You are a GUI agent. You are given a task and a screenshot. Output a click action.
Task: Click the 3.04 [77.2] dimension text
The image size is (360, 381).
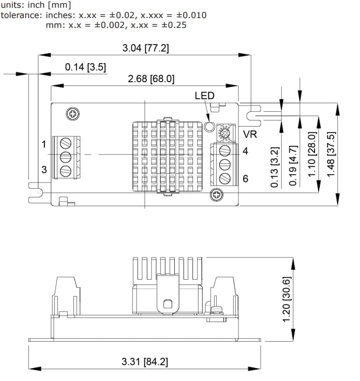(145, 49)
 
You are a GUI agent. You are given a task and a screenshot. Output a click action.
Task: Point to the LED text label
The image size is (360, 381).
(204, 96)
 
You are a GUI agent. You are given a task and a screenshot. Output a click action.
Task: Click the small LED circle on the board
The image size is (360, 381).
(209, 126)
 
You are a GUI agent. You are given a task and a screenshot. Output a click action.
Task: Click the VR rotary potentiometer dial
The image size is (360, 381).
(224, 132)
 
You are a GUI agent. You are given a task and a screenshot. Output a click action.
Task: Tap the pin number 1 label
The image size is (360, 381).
(44, 143)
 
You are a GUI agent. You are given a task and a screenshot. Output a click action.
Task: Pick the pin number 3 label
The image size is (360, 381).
(44, 170)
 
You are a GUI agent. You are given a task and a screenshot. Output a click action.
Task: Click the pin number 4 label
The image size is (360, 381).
(245, 151)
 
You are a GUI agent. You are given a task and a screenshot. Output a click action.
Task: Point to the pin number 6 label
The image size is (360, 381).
(245, 178)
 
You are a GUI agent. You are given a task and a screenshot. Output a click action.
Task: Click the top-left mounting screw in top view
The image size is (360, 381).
(73, 113)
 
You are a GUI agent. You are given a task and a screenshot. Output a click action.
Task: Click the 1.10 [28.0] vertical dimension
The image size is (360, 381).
(312, 154)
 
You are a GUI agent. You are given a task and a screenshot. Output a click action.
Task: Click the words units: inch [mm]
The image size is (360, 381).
(32, 5)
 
